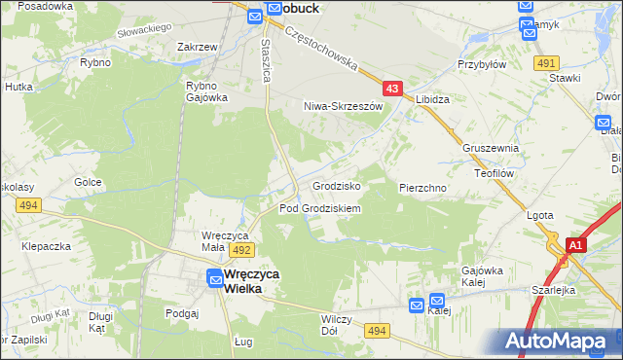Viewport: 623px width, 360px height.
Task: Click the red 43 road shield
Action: pyautogui.click(x=391, y=89)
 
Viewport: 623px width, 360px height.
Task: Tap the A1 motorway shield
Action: pyautogui.click(x=575, y=245)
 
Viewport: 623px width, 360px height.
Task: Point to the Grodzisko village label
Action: pyautogui.click(x=337, y=185)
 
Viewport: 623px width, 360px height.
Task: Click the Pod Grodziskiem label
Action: pyautogui.click(x=320, y=208)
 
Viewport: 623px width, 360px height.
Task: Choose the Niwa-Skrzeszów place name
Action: pyautogui.click(x=339, y=105)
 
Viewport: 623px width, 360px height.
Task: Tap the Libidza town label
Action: pyautogui.click(x=432, y=100)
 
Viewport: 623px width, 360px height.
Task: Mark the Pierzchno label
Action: pyautogui.click(x=422, y=187)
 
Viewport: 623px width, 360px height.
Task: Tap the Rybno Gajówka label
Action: pyautogui.click(x=206, y=90)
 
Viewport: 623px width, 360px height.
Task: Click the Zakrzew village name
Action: pyautogui.click(x=197, y=46)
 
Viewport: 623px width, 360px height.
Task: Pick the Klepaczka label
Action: pyautogui.click(x=47, y=246)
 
